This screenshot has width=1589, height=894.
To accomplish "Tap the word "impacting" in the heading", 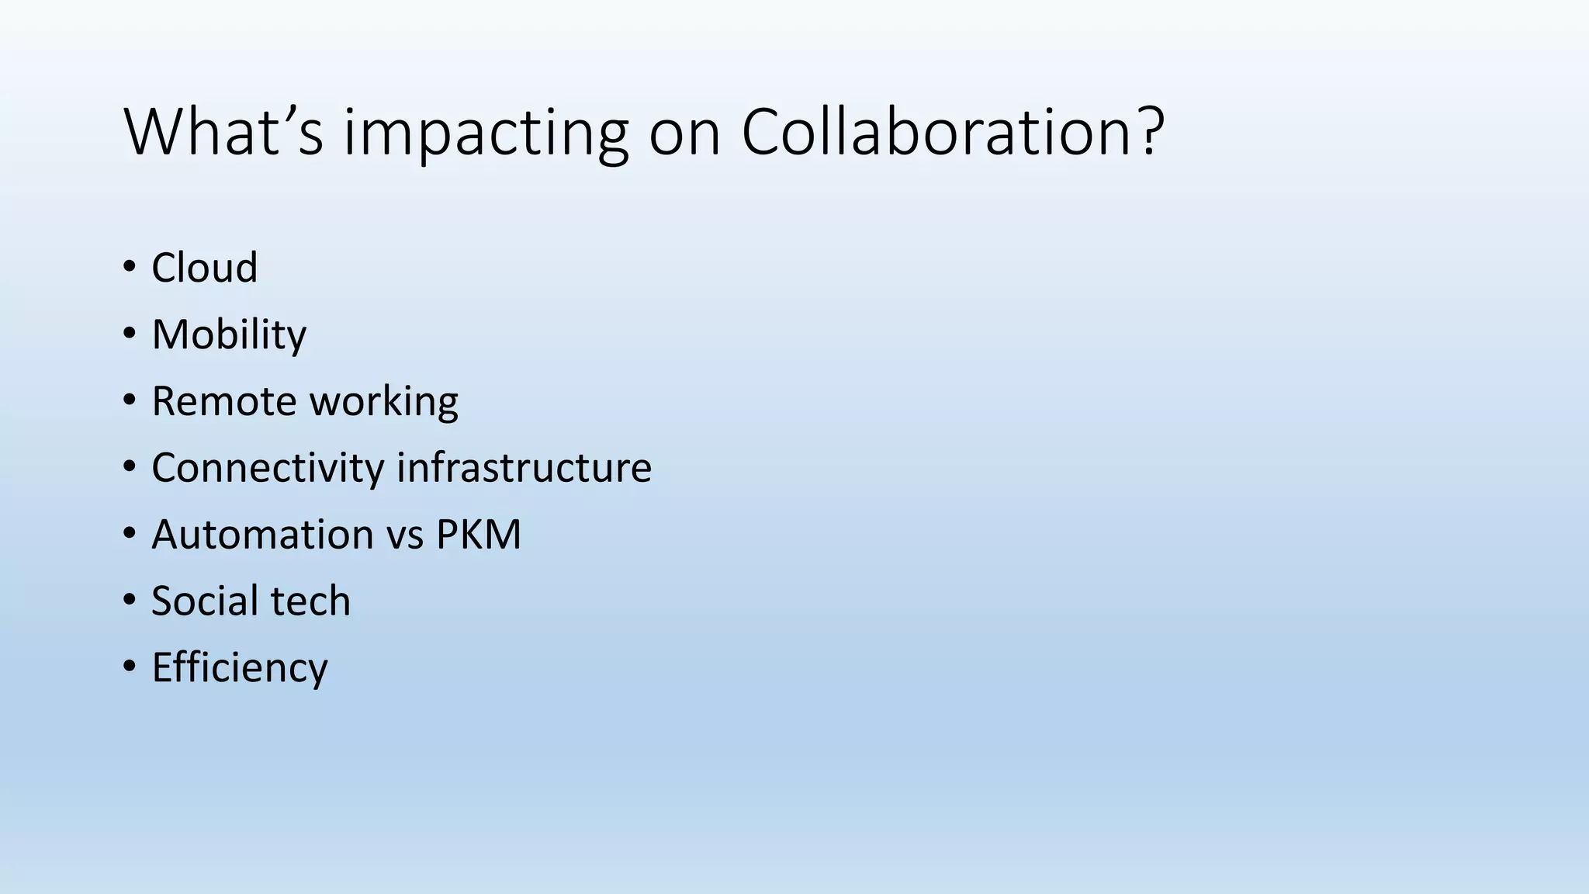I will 485,133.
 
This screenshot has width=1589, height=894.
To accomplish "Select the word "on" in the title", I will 684,133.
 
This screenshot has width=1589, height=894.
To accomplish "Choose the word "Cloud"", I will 204,268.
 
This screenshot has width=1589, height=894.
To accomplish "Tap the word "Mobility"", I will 229,335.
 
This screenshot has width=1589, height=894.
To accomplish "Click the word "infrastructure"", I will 524,468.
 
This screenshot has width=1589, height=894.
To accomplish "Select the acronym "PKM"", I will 478,535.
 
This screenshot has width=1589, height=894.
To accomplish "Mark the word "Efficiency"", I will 240,668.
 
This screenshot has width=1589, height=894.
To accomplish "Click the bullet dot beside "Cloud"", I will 129,268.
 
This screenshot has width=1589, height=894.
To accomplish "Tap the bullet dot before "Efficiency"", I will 129,667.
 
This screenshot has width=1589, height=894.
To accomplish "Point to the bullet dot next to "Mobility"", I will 129,334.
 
